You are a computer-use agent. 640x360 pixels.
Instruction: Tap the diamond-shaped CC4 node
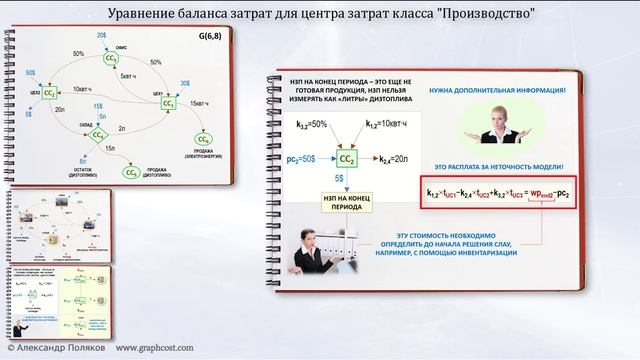[99, 134]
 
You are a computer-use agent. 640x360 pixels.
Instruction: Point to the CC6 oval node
[205, 135]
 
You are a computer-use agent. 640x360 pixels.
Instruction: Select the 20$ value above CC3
[101, 36]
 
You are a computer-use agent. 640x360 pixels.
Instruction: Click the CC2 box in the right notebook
[347, 157]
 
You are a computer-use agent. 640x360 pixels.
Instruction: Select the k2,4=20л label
[392, 158]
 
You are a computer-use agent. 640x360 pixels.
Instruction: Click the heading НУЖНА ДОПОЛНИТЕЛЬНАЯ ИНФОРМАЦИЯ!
[498, 90]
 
